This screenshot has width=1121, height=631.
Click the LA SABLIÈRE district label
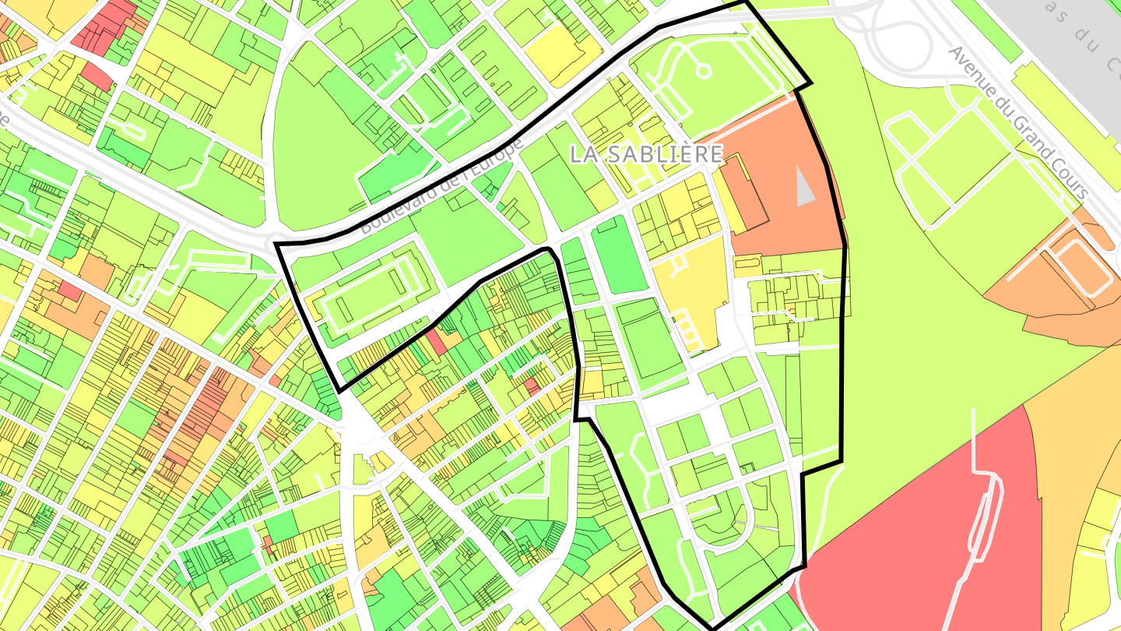point(646,154)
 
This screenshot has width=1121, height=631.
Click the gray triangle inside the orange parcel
point(805,188)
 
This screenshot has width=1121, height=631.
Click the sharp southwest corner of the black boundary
point(338,390)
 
